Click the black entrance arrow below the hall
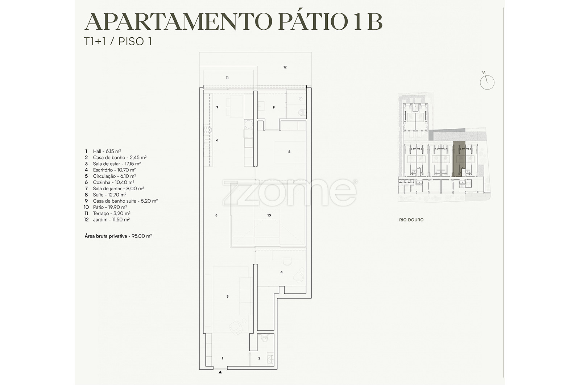[x=220, y=372]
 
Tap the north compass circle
[x=487, y=83]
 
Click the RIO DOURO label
[x=411, y=220]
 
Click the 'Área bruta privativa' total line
[x=118, y=236]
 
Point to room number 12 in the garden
[x=285, y=67]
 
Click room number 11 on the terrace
[x=227, y=78]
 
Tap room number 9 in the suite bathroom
[x=274, y=107]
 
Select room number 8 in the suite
[x=289, y=152]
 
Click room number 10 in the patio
[x=269, y=215]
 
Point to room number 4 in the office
[x=281, y=272]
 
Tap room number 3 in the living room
[x=227, y=297]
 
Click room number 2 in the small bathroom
[x=259, y=358]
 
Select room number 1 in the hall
[x=223, y=358]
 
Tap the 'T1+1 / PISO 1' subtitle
[x=118, y=42]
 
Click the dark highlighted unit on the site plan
[x=459, y=159]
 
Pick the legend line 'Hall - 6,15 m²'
[x=103, y=151]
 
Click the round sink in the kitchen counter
[x=249, y=124]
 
